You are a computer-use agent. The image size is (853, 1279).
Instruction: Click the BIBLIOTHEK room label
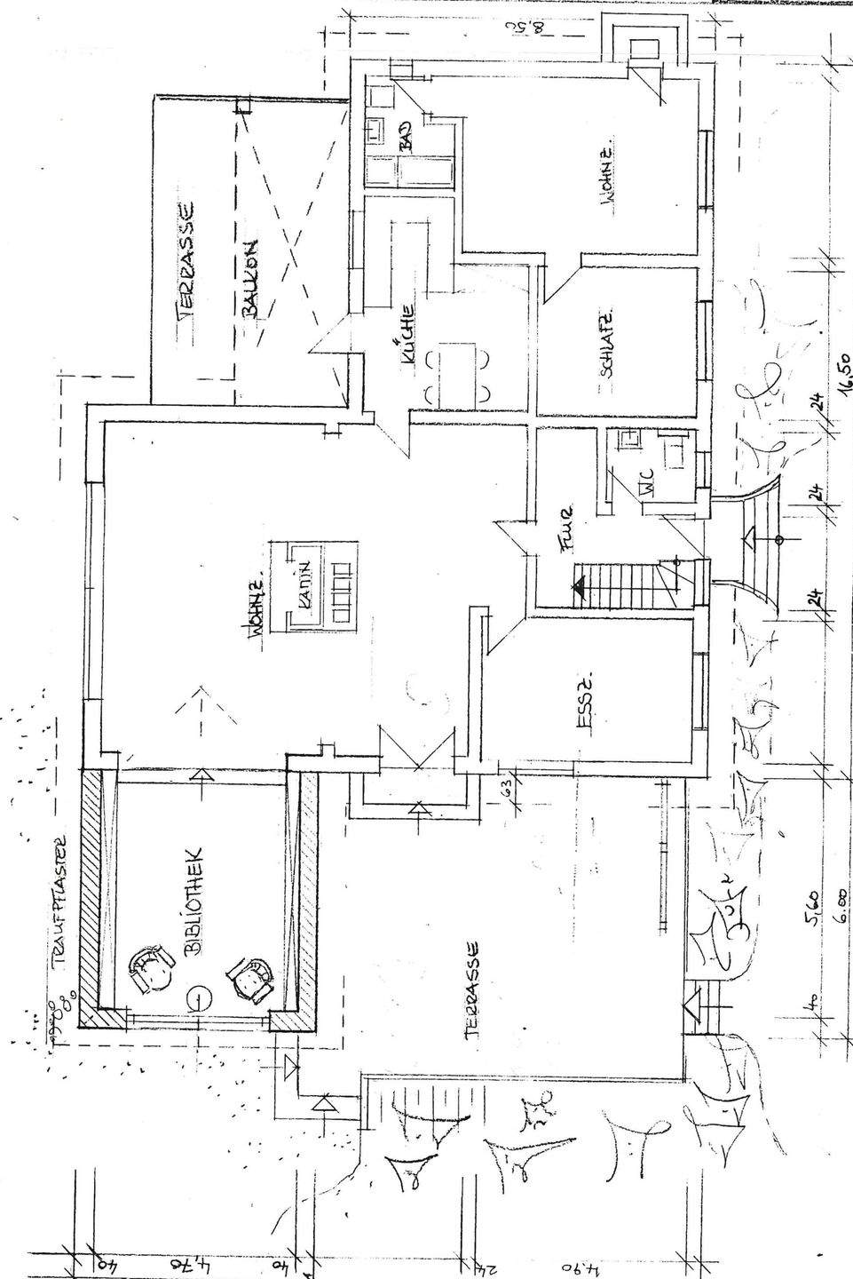pos(196,900)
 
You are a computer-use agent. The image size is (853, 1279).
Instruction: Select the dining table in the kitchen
pos(458,373)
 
